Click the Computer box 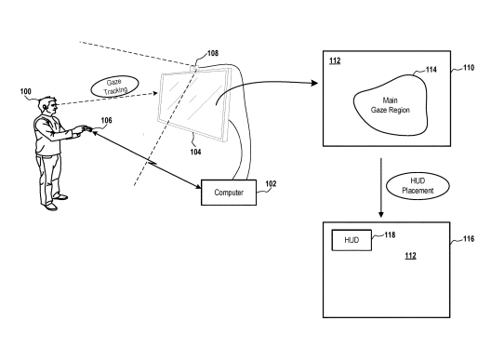click(229, 193)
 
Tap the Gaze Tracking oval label click(115, 87)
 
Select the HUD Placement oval click(418, 186)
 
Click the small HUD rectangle click(352, 240)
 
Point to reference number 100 click(26, 91)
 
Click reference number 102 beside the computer click(271, 183)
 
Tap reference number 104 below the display click(195, 152)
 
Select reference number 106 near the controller click(106, 120)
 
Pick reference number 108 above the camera click(213, 53)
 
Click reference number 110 click(469, 68)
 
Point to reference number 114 click(431, 70)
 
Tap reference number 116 click(469, 239)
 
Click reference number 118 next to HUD click(390, 234)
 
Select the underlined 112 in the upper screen click(335, 60)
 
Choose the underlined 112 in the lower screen click(410, 256)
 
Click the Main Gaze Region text click(391, 105)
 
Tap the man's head click(49, 107)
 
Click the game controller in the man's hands click(86, 128)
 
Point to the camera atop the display click(194, 68)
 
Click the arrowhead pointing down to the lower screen click(380, 214)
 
